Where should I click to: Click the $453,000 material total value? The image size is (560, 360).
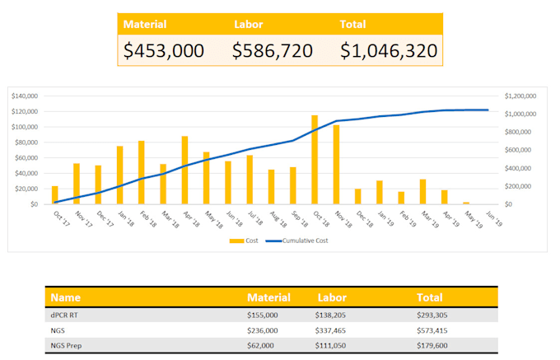click(163, 51)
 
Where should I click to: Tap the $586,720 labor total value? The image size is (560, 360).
click(272, 51)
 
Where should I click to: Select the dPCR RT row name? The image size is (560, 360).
click(64, 315)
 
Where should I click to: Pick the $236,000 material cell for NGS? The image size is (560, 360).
click(262, 330)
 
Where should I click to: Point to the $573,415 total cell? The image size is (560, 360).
click(434, 330)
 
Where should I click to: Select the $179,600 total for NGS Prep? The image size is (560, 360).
click(434, 344)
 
